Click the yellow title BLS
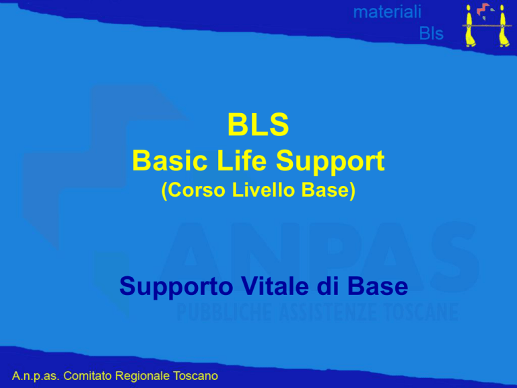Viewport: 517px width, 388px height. tap(258, 125)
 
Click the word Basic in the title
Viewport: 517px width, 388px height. tap(170, 160)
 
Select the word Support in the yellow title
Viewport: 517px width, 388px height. tap(330, 162)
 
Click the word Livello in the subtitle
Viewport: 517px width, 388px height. tap(263, 190)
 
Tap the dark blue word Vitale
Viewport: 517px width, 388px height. tap(275, 286)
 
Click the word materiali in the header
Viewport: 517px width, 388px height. tap(387, 12)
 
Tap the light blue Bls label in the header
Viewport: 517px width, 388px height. tap(432, 33)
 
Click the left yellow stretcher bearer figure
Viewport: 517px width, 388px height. tap(470, 26)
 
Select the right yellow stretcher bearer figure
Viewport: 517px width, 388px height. tap(503, 26)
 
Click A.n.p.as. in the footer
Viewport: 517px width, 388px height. tap(36, 376)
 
